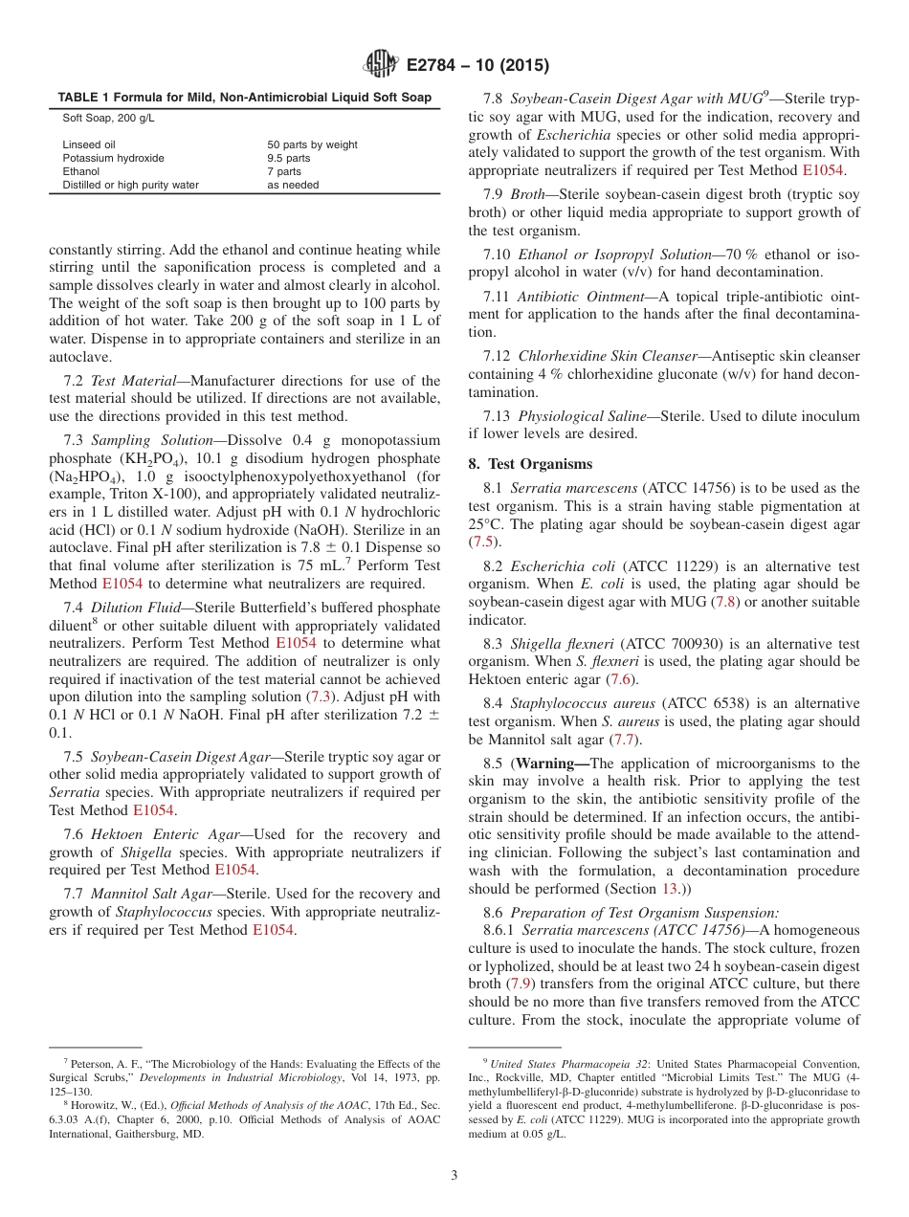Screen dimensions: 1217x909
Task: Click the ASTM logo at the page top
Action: point(380,65)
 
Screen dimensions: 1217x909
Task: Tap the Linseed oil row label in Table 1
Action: point(89,144)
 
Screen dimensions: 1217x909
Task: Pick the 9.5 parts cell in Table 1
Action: point(288,158)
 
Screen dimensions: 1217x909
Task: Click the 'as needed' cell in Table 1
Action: point(293,185)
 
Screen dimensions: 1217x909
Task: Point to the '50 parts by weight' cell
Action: point(312,144)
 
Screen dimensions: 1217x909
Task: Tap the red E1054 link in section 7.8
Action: point(822,170)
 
